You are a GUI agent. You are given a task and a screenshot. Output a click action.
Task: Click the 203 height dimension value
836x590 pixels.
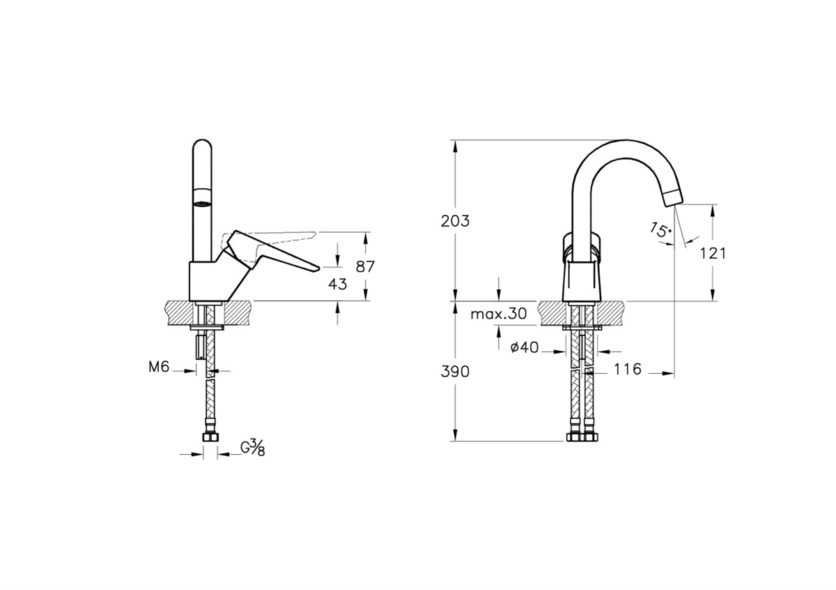point(456,222)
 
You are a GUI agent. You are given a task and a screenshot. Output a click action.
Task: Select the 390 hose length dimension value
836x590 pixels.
point(456,371)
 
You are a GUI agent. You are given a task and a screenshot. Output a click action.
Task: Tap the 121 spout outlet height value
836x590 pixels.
point(713,253)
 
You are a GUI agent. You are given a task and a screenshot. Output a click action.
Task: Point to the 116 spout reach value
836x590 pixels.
point(628,370)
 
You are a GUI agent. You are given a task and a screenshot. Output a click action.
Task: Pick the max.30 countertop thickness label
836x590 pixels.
point(498,314)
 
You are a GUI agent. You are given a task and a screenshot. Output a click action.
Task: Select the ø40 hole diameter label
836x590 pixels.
point(525,348)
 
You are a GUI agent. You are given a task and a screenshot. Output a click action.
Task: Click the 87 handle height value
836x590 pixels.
point(365,266)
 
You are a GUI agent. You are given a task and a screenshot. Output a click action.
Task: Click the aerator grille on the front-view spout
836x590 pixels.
point(202,204)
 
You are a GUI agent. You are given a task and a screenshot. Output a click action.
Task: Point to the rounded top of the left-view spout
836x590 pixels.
point(202,146)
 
